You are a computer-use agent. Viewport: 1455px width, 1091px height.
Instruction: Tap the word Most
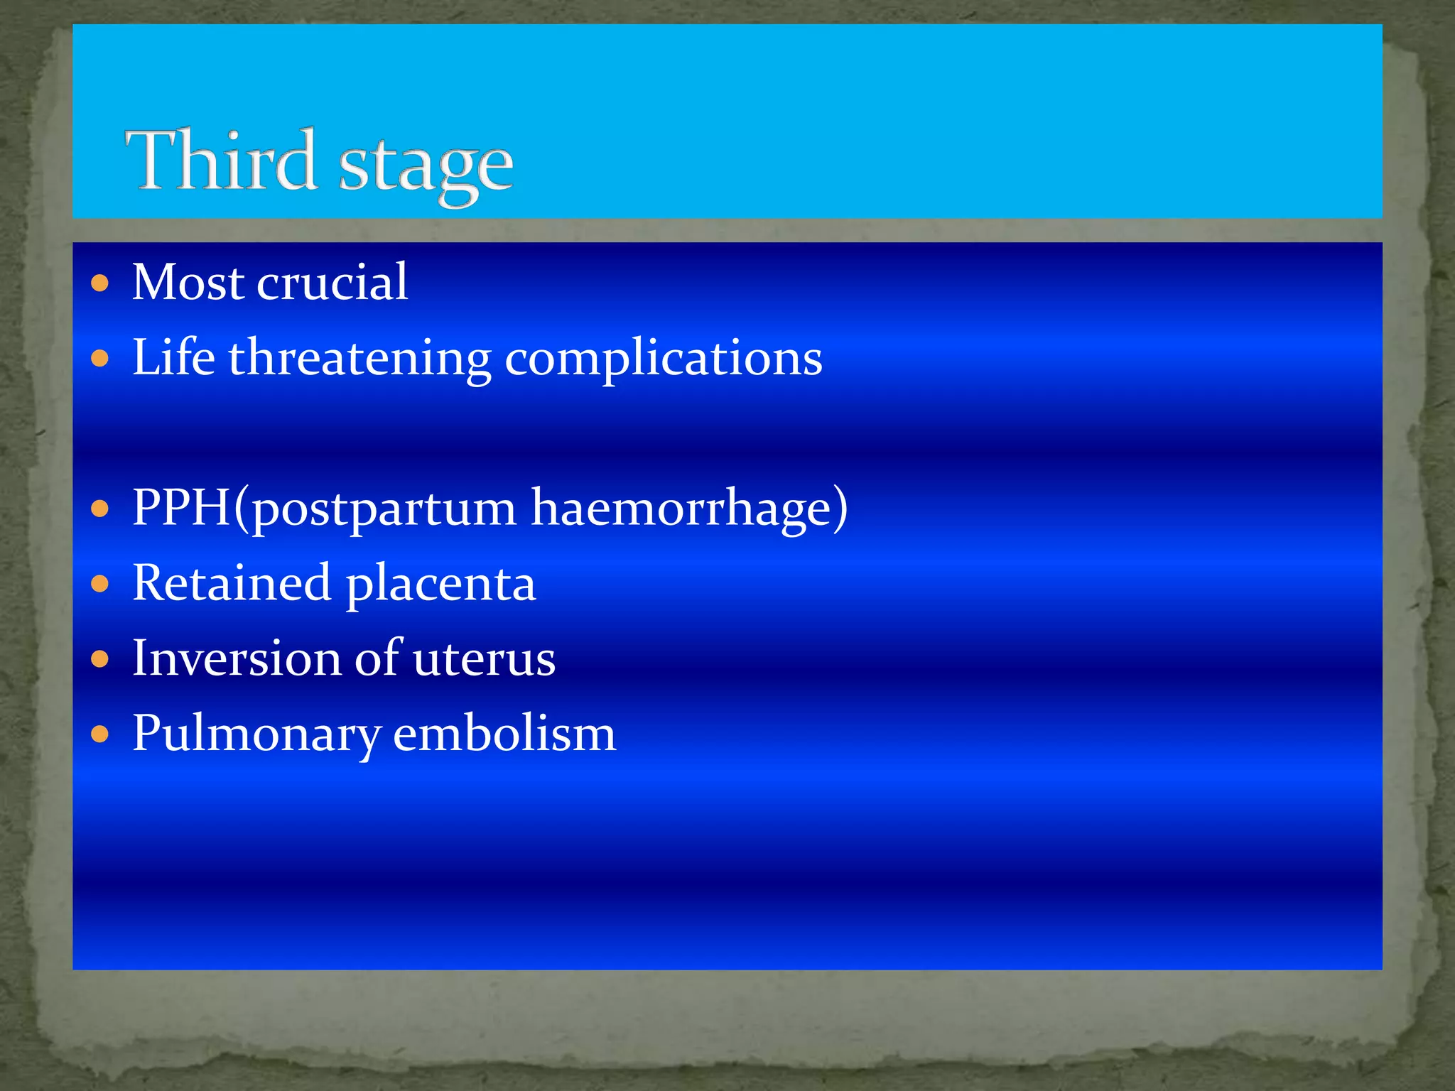188,282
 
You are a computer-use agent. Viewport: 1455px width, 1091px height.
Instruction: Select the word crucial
332,282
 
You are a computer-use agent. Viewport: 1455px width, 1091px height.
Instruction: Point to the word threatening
359,359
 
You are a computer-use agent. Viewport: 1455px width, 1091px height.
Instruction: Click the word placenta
440,584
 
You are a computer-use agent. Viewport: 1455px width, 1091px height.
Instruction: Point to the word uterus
484,659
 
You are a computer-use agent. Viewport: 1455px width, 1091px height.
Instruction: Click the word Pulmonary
256,734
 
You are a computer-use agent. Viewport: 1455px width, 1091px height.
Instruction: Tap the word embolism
504,733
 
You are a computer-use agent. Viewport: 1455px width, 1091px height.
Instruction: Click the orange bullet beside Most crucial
100,284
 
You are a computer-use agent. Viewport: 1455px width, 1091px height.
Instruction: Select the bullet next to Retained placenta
100,584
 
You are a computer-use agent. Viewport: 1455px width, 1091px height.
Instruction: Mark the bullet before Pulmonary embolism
100,734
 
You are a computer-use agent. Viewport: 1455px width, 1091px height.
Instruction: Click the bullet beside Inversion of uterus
100,659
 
